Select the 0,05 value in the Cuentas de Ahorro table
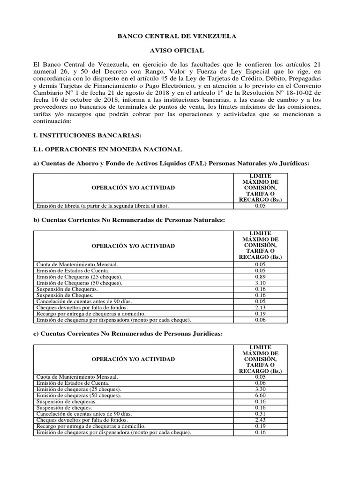(x=260, y=205)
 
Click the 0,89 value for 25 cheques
(x=260, y=277)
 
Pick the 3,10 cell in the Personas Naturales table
(x=260, y=283)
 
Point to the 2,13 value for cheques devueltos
(x=260, y=307)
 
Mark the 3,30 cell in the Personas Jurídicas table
(x=260, y=390)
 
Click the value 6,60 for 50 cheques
(x=260, y=396)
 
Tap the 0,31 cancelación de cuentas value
(x=260, y=414)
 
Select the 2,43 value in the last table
(x=260, y=420)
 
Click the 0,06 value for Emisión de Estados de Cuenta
(x=260, y=383)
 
